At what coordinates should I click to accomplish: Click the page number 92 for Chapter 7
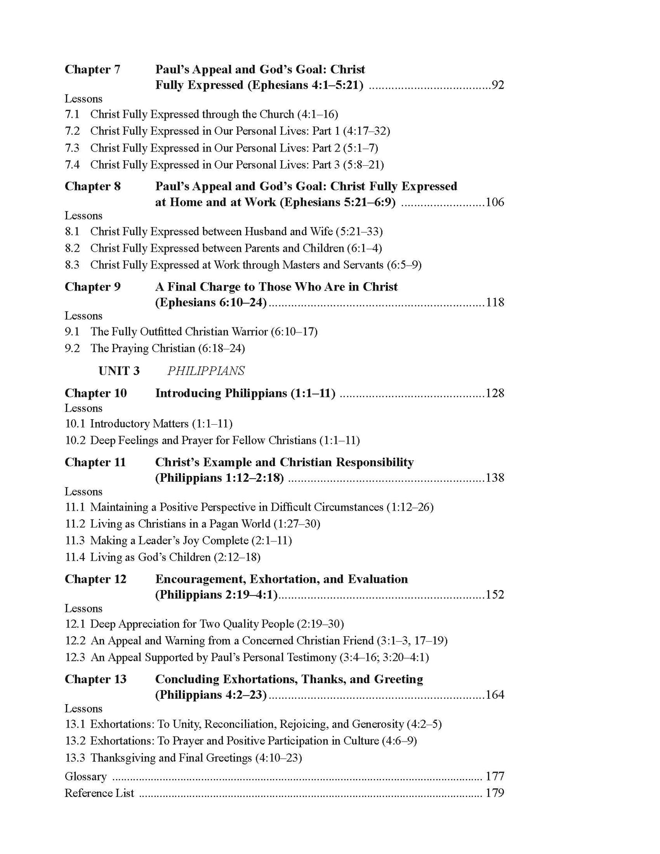click(x=497, y=85)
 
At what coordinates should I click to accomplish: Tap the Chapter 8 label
click(x=93, y=186)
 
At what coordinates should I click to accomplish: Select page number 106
click(x=495, y=202)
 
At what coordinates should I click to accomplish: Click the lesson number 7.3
click(x=72, y=148)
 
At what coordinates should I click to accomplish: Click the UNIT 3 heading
click(x=119, y=371)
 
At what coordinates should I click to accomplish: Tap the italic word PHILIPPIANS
click(x=206, y=371)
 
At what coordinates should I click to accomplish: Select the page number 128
click(x=495, y=393)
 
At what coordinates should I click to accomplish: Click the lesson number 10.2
click(x=75, y=440)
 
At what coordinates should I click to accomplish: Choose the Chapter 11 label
click(x=95, y=462)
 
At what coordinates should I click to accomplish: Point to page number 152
click(x=495, y=595)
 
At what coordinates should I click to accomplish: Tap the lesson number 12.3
click(x=75, y=657)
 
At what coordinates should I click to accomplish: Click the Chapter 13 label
click(x=95, y=679)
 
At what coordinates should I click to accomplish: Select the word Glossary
click(x=85, y=776)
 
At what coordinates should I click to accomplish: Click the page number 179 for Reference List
click(x=495, y=793)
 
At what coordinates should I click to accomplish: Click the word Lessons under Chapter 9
click(x=83, y=316)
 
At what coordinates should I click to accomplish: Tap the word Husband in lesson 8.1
click(x=267, y=232)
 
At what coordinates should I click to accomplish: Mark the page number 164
click(x=495, y=695)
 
